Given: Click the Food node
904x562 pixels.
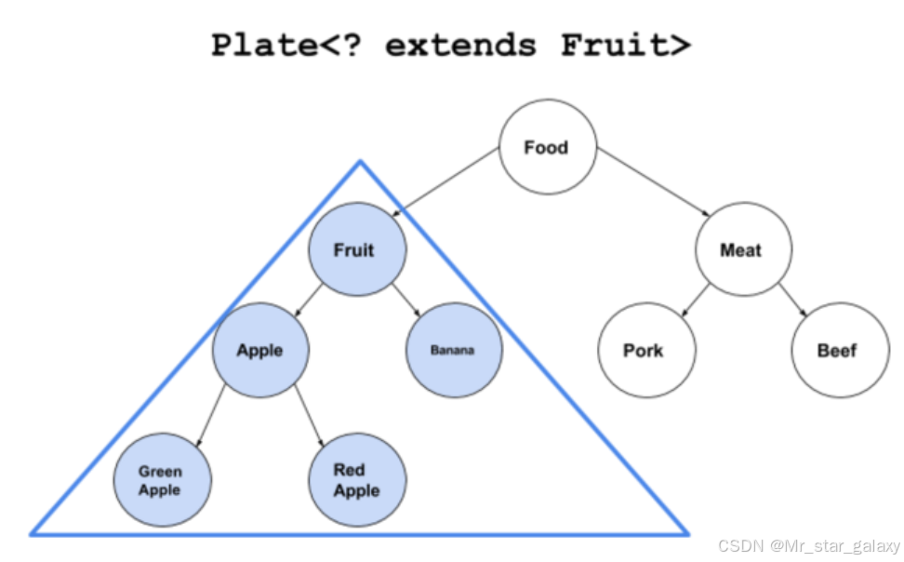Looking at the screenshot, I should pos(547,147).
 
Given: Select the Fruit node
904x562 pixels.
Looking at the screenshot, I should pos(356,249).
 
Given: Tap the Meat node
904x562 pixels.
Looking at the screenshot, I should pos(741,249).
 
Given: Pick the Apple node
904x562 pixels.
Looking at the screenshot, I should pos(260,350).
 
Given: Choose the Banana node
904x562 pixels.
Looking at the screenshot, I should pos(453,350).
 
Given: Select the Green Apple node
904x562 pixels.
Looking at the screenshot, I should pos(161,480).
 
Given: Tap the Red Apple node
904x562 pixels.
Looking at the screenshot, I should pos(356,480).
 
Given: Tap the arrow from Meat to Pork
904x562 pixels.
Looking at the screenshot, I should pos(693,299).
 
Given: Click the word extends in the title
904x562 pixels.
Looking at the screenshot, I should pos(460,45).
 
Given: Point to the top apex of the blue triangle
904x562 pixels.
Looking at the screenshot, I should pos(360,162).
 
